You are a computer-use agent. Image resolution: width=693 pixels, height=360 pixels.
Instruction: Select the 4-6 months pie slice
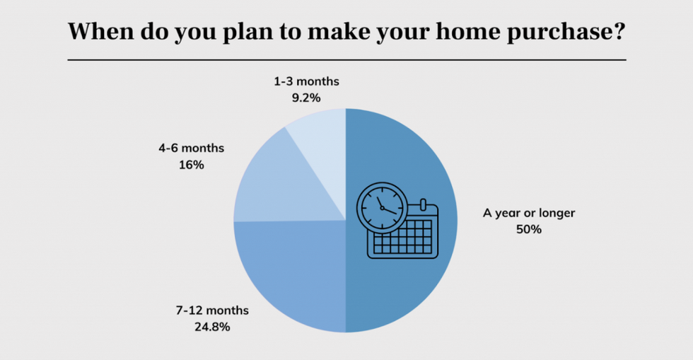pyautogui.click(x=283, y=186)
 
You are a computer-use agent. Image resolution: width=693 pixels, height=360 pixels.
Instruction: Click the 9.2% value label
pyautogui.click(x=305, y=98)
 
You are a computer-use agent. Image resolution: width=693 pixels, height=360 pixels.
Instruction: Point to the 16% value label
pyautogui.click(x=192, y=165)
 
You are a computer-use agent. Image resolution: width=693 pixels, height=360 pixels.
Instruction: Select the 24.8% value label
pyautogui.click(x=212, y=327)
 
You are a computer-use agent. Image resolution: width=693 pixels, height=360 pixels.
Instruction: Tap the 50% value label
pyautogui.click(x=529, y=229)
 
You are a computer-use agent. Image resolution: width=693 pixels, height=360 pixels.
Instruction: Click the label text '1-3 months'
pyautogui.click(x=306, y=81)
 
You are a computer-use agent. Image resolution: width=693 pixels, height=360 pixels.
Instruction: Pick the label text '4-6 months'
pyautogui.click(x=192, y=148)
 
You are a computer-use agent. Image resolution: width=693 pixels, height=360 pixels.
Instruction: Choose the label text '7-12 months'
pyautogui.click(x=212, y=310)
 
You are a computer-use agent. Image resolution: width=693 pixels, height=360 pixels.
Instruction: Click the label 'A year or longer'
pyautogui.click(x=529, y=213)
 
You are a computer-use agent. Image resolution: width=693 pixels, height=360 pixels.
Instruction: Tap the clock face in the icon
pyautogui.click(x=382, y=207)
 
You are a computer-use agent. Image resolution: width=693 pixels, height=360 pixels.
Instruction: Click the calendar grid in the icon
pyautogui.click(x=402, y=237)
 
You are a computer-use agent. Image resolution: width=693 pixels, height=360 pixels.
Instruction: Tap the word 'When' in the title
pyautogui.click(x=100, y=31)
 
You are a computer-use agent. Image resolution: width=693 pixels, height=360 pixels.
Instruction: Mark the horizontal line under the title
pyautogui.click(x=347, y=59)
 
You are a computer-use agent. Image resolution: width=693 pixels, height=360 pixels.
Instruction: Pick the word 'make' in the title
pyautogui.click(x=339, y=31)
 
